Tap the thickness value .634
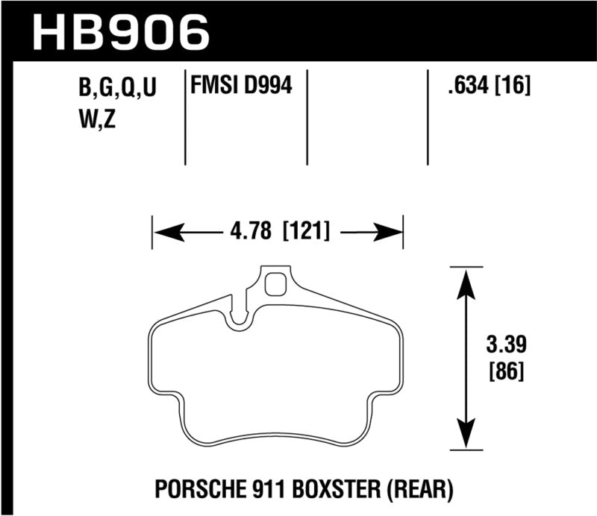coord(465,88)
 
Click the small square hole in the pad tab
coord(275,283)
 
